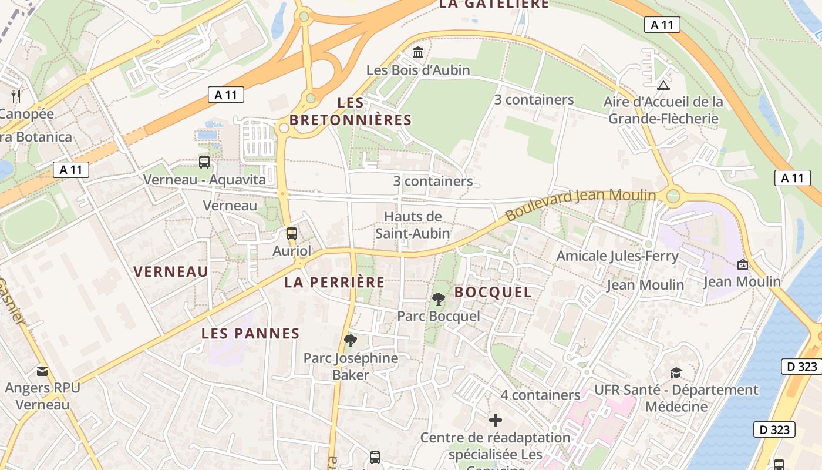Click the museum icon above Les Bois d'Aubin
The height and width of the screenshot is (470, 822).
[418, 53]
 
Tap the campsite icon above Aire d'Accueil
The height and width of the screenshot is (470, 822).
[663, 85]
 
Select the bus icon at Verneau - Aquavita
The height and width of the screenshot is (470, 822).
[204, 162]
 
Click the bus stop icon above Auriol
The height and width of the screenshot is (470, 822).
[292, 234]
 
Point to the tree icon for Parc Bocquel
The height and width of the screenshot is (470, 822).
[438, 299]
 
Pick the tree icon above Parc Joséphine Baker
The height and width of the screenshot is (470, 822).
[351, 340]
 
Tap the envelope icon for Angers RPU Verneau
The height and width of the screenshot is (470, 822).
[42, 371]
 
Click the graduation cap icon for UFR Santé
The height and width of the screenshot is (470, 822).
[676, 372]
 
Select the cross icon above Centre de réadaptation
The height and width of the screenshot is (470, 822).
[496, 420]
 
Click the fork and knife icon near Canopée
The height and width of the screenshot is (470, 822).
[16, 96]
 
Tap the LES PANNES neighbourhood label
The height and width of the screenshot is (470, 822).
[251, 334]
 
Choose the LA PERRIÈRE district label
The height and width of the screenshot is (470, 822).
[335, 282]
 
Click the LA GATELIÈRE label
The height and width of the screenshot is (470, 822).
[494, 4]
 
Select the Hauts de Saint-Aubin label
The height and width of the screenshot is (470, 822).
[413, 225]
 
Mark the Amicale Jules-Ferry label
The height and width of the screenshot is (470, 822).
[617, 256]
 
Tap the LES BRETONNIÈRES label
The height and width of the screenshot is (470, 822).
[351, 111]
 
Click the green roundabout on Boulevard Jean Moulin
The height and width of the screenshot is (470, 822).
[673, 195]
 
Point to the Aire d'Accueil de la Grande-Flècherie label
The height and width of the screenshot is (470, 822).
[663, 110]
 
